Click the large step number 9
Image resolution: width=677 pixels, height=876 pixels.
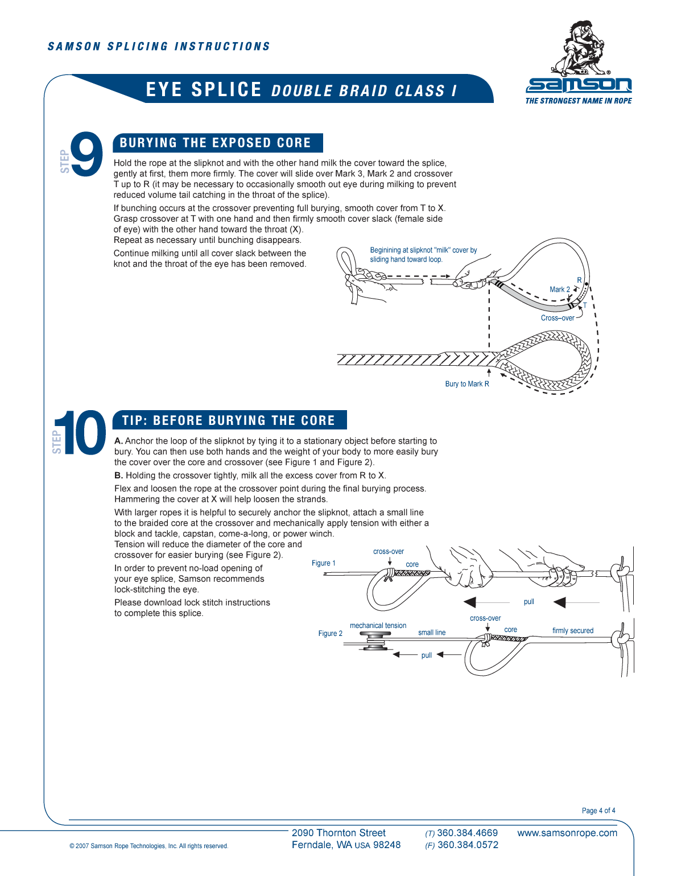(86, 154)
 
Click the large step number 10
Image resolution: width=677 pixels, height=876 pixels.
(80, 433)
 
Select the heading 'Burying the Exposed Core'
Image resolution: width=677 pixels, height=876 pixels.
(216, 143)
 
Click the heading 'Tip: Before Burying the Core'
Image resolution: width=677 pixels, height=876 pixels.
(229, 420)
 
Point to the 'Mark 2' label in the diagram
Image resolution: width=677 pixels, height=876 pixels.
(559, 290)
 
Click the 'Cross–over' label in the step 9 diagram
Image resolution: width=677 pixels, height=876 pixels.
(557, 318)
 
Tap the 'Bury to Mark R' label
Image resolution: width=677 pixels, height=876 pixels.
(467, 384)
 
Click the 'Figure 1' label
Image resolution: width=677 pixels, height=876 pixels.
(323, 563)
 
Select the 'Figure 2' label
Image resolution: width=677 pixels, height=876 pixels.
(330, 633)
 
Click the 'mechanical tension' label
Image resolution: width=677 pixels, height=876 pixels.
(378, 626)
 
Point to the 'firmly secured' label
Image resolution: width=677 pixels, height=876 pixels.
(572, 631)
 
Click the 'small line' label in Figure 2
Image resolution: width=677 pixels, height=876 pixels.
(432, 633)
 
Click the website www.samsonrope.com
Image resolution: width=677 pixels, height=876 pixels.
(567, 833)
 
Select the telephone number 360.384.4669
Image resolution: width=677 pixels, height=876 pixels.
(467, 833)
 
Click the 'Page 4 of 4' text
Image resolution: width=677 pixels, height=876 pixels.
(598, 811)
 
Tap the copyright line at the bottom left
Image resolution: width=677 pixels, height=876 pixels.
(148, 846)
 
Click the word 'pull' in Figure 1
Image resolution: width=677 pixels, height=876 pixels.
(529, 602)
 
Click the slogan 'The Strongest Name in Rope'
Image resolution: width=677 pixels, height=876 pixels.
(578, 101)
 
